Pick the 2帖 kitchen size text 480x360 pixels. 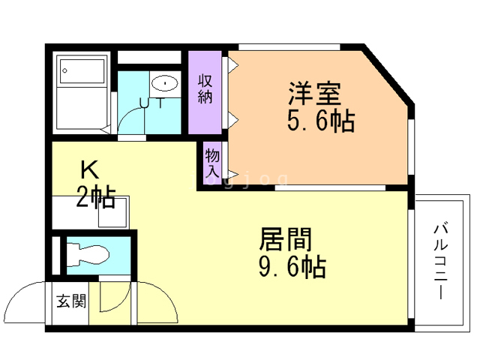95,197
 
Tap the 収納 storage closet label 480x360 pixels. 205,88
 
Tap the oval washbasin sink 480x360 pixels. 164,82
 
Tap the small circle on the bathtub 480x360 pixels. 65,72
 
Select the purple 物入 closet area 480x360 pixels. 213,162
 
